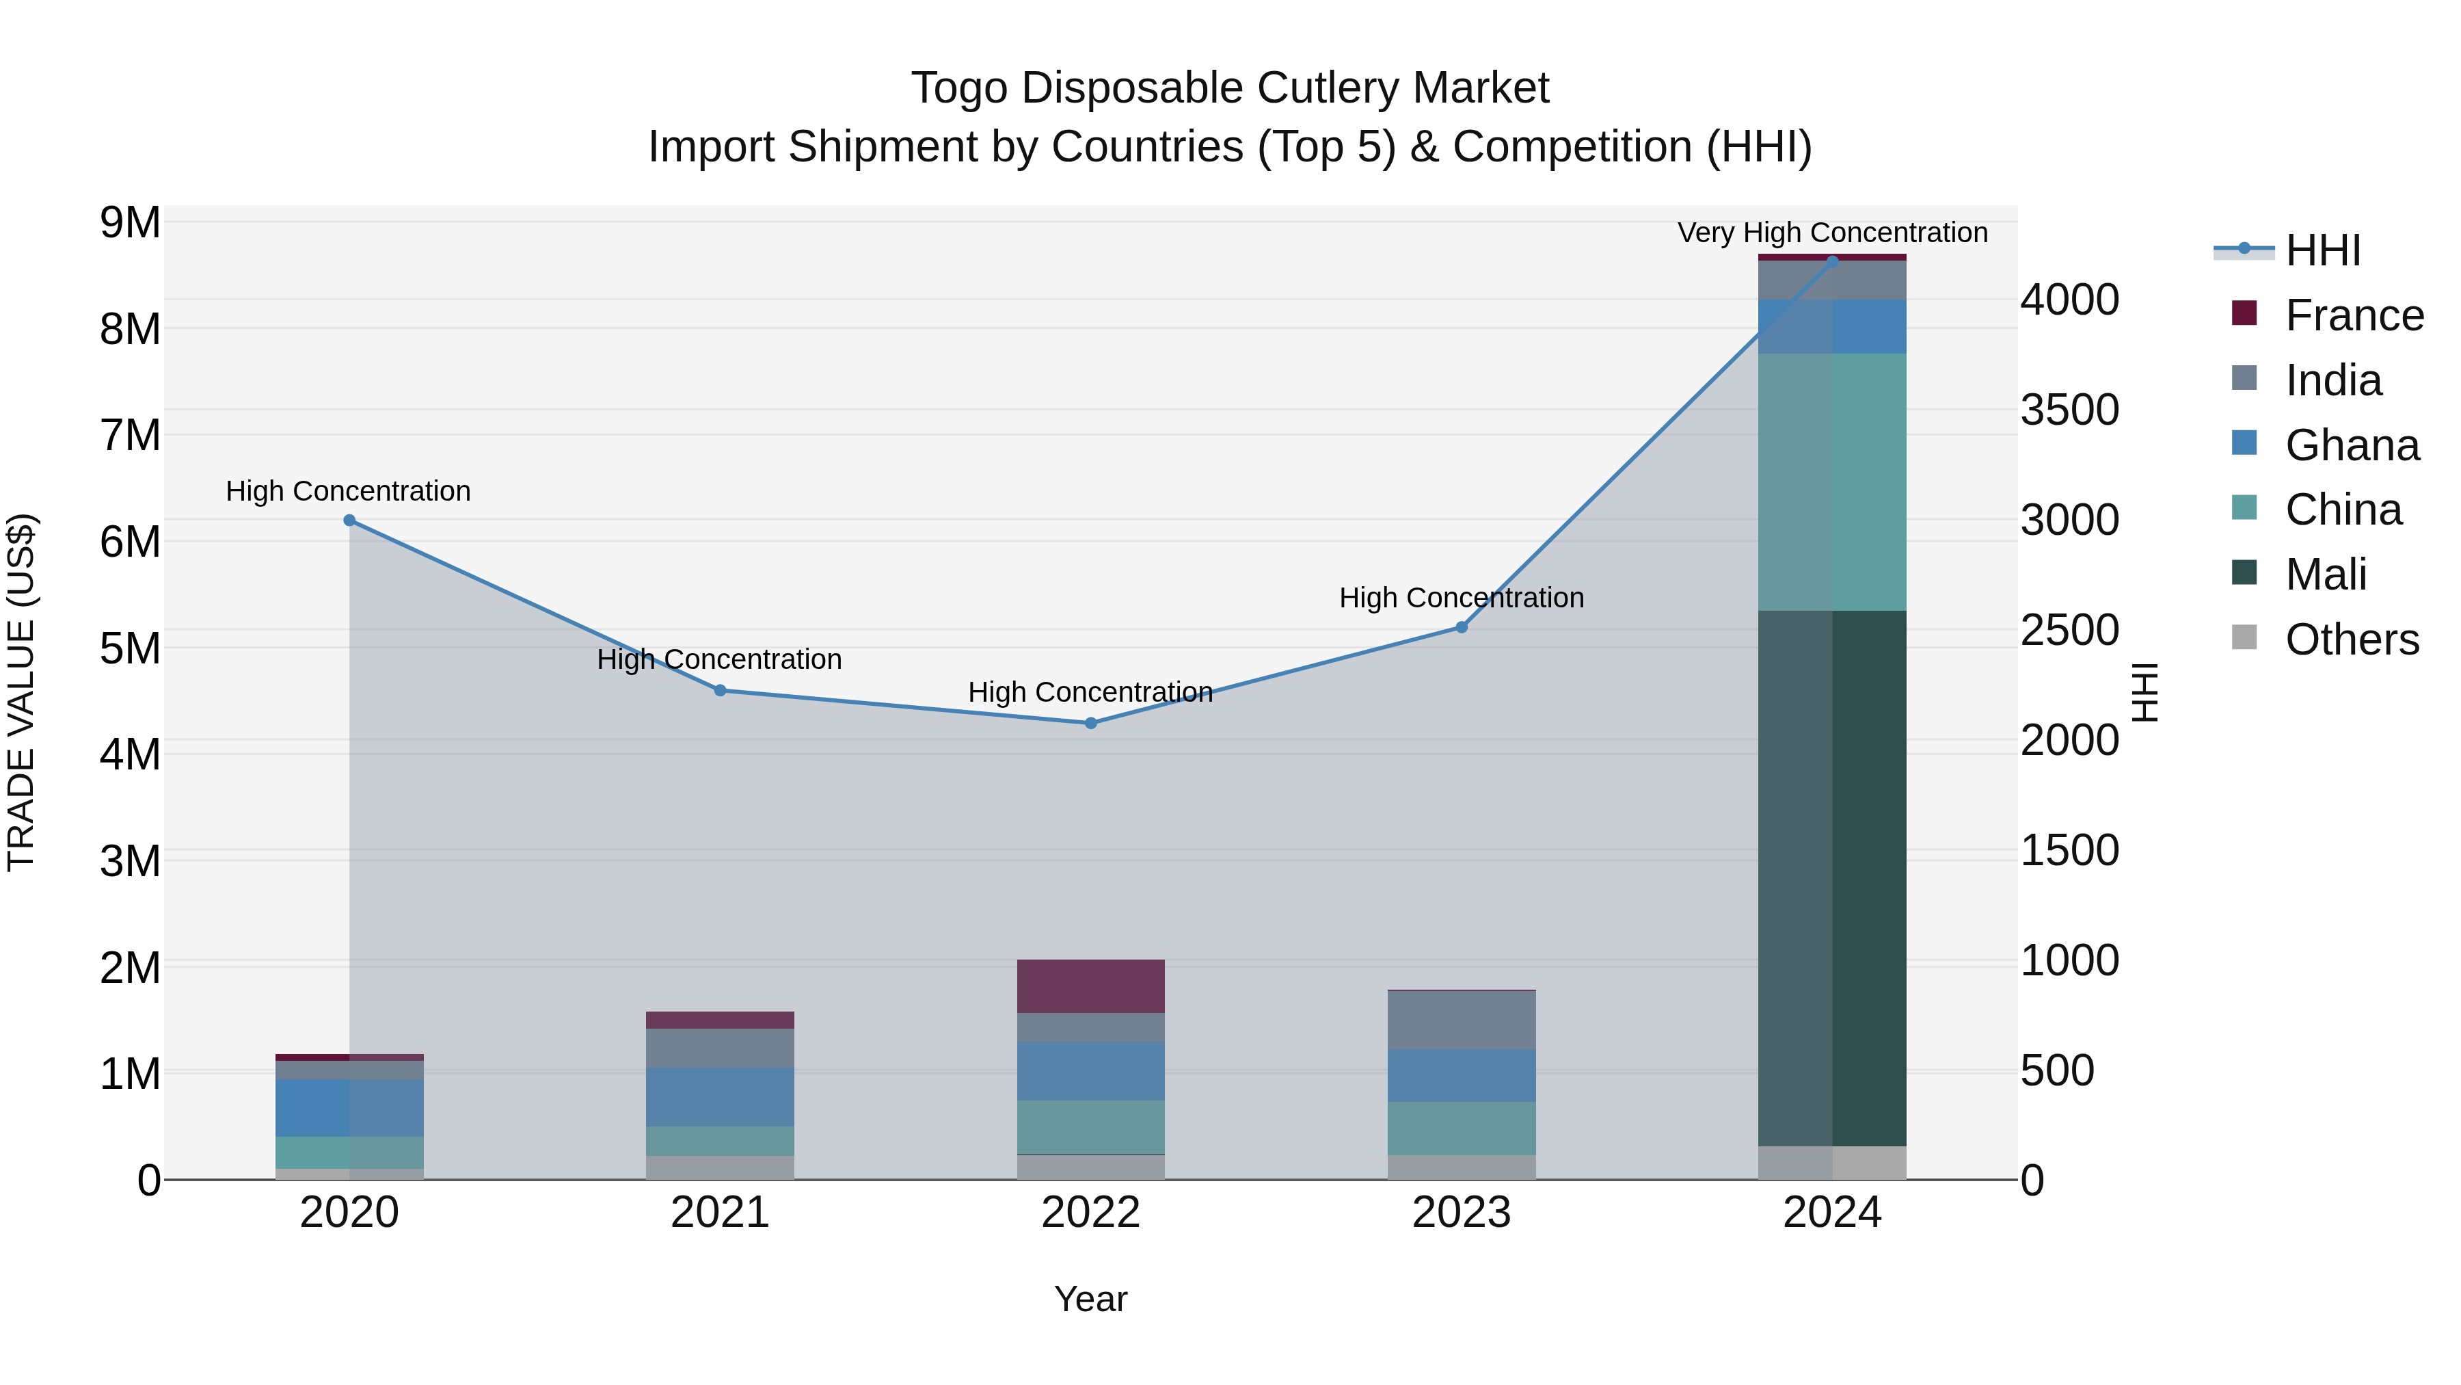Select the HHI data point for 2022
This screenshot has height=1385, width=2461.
pos(1091,724)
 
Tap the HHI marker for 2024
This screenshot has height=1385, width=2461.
pos(1832,261)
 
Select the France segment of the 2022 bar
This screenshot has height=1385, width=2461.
pos(1091,986)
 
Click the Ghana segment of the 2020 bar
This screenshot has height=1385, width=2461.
pos(349,1108)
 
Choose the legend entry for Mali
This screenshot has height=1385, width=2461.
pos(2326,575)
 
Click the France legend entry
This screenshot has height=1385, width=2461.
pos(2354,315)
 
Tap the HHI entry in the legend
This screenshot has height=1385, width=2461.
pos(2322,250)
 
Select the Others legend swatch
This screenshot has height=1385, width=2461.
pos(2244,637)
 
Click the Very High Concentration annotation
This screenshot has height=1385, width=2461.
pos(1832,233)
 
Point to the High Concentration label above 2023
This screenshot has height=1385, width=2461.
pos(1462,598)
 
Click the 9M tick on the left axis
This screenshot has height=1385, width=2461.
pos(131,223)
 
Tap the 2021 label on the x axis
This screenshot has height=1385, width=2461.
pos(721,1213)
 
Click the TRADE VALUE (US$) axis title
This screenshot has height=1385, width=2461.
pos(21,693)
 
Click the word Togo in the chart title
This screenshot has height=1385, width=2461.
pos(959,89)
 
